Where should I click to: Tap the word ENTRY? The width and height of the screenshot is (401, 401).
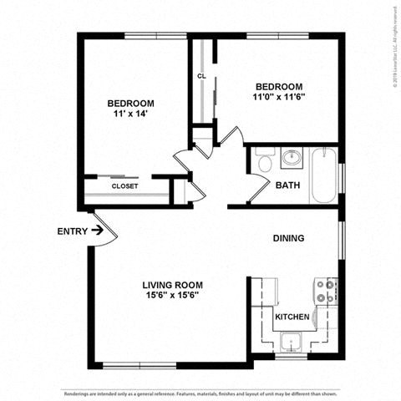click(x=72, y=231)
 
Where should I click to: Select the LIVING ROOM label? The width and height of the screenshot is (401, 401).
click(x=173, y=284)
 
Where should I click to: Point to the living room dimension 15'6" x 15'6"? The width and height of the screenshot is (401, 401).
click(x=173, y=295)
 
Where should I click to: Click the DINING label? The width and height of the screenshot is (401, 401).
click(x=288, y=238)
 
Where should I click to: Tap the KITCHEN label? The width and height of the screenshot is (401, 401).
click(x=293, y=317)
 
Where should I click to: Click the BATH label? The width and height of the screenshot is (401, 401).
click(x=287, y=185)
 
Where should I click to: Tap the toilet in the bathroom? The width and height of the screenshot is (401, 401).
click(x=266, y=160)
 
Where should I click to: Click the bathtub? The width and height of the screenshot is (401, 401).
click(x=324, y=175)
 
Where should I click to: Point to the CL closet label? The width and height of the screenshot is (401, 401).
click(x=201, y=76)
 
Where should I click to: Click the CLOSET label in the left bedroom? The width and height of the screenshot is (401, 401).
click(x=124, y=186)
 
